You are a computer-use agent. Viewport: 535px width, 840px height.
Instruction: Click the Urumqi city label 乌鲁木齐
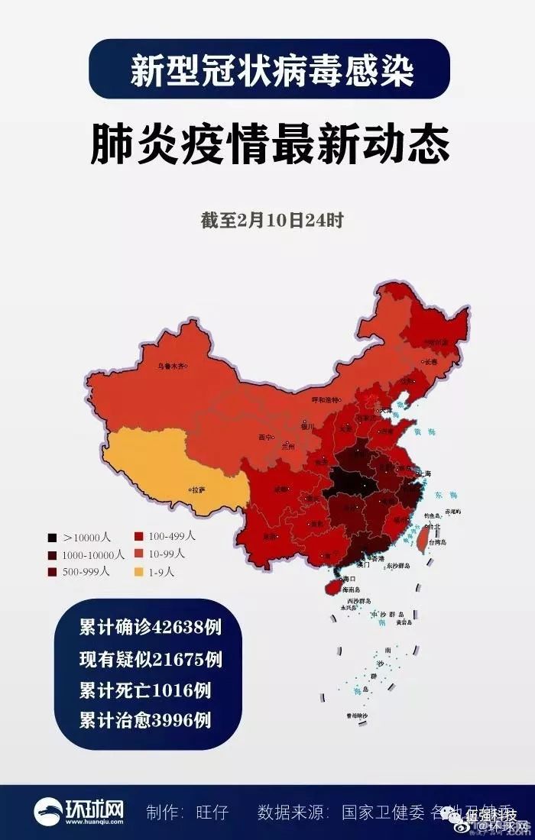[170, 366]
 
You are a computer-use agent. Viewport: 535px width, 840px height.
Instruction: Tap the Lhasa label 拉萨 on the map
[198, 489]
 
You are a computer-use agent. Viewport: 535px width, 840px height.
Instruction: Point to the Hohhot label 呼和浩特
[326, 399]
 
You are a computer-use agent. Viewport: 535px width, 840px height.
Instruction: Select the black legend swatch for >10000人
[51, 538]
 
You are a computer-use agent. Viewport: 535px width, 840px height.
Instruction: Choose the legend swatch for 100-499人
[139, 537]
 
